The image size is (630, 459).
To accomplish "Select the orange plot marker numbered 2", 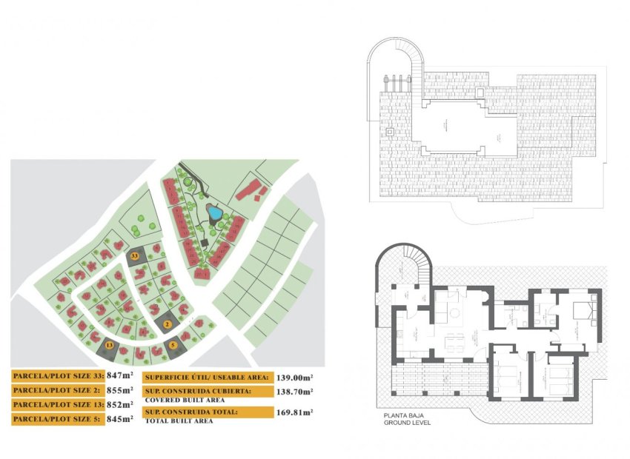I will click(x=168, y=324).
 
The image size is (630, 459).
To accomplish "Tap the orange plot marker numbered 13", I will click(x=110, y=345).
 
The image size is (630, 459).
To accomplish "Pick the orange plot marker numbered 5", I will click(x=173, y=344).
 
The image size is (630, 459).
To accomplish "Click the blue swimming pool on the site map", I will click(x=214, y=212).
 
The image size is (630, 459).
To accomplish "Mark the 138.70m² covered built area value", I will click(x=294, y=392).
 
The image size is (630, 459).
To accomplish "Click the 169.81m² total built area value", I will click(x=294, y=412).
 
